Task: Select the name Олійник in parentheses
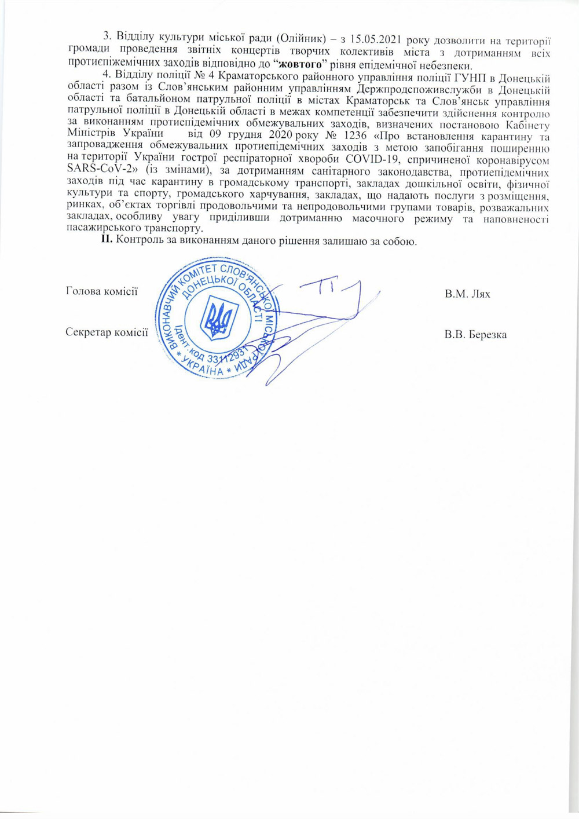[x=301, y=38]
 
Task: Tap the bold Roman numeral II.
[x=107, y=240]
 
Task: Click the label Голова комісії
[x=102, y=291]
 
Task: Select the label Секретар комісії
[x=107, y=332]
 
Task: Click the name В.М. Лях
[x=467, y=294]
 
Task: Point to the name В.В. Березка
[x=475, y=335]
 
